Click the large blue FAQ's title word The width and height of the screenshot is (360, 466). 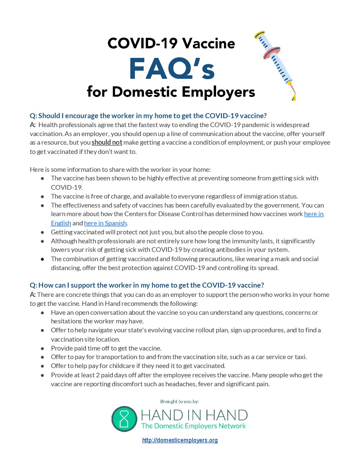(172, 69)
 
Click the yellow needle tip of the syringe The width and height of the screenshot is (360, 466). (293, 97)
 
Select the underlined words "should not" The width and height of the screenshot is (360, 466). (107, 142)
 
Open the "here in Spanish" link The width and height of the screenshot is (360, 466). (105, 223)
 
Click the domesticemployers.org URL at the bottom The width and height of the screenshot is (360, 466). (180, 440)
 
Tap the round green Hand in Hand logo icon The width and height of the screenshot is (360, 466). (124, 419)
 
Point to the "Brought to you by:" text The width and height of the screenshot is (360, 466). (179, 401)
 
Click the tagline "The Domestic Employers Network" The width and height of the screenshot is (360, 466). (194, 426)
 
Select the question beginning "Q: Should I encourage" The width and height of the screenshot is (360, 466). (148, 116)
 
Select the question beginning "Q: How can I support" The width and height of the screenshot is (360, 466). (147, 285)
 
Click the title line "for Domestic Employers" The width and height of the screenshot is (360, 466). (171, 92)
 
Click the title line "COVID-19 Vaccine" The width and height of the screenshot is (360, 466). (171, 43)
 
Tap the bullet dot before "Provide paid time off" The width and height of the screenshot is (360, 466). (43, 348)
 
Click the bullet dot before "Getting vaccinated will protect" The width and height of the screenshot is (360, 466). (43, 232)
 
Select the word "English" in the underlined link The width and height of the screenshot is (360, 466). (61, 223)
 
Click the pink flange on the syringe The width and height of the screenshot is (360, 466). (272, 53)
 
